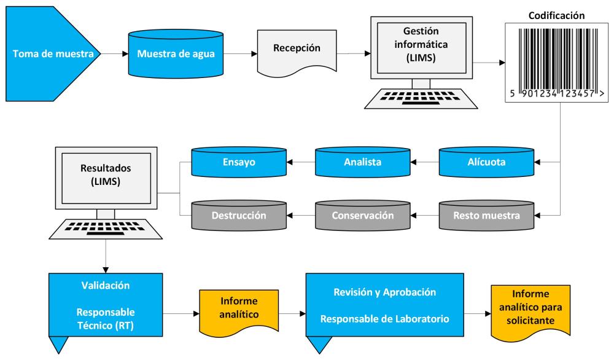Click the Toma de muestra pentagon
(52, 54)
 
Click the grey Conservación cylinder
(363, 216)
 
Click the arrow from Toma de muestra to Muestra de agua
(113, 54)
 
